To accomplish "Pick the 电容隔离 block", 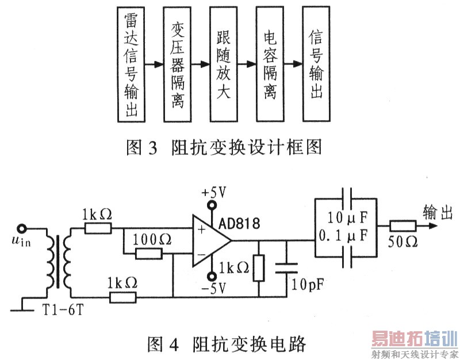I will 270,64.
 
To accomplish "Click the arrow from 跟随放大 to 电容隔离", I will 246,64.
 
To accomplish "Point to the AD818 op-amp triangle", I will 210,242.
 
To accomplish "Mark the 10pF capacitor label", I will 305,283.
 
